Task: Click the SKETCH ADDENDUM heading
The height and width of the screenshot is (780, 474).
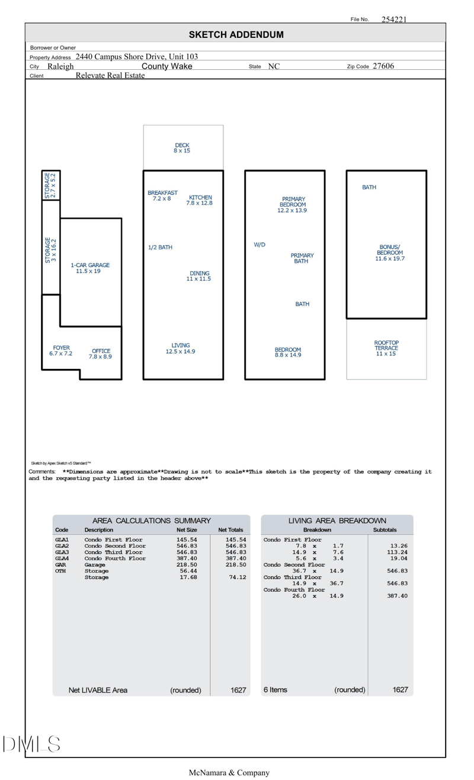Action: pos(236,35)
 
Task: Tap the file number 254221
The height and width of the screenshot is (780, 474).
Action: pos(394,20)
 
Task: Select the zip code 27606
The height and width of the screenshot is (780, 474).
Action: pos(383,66)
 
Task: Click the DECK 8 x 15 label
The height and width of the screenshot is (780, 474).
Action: pos(182,148)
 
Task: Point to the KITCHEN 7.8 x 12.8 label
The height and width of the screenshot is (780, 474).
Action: pos(200,200)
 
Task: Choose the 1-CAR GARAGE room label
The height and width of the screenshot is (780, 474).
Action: pos(90,268)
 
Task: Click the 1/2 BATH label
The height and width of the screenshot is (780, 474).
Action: pos(160,248)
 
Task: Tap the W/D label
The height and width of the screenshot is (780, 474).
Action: pos(260,245)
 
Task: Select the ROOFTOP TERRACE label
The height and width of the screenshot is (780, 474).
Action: pos(386,348)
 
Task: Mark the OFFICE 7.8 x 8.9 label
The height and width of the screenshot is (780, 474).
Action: pos(101,354)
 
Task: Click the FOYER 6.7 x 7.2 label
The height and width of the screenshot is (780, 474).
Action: pos(61,351)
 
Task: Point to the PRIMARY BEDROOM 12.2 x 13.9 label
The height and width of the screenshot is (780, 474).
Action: pos(293,205)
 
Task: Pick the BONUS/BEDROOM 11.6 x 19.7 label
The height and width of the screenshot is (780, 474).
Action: pos(390,253)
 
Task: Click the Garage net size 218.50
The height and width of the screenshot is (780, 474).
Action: pos(187,565)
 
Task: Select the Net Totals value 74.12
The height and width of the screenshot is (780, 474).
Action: pos(237,577)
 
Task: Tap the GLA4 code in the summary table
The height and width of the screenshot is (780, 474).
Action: pos(62,558)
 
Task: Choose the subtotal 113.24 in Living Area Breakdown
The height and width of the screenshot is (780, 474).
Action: pos(397,553)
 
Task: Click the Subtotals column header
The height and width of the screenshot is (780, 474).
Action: pos(385,530)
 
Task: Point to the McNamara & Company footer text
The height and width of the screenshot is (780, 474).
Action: pos(229,772)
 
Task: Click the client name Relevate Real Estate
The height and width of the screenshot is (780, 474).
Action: pos(110,75)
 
